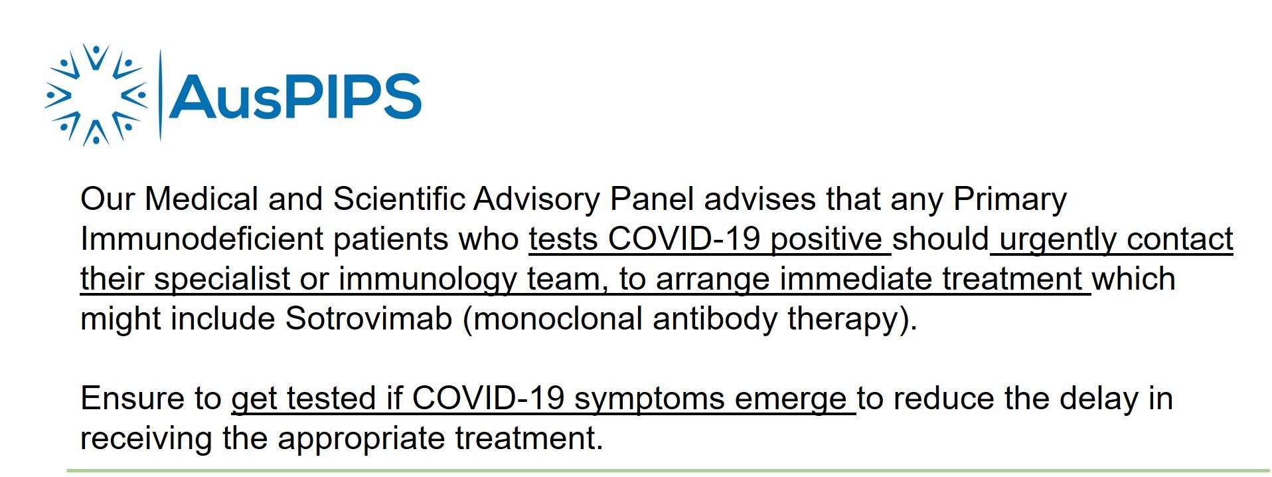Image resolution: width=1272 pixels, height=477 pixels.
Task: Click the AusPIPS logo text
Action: (x=295, y=96)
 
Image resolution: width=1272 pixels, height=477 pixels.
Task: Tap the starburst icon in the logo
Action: (x=96, y=94)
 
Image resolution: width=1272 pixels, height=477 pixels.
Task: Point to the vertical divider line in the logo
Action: (x=160, y=95)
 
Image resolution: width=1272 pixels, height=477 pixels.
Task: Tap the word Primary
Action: (x=1010, y=200)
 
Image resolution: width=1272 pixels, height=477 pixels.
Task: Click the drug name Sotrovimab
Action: (x=369, y=318)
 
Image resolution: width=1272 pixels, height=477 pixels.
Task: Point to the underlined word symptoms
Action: (x=649, y=399)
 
